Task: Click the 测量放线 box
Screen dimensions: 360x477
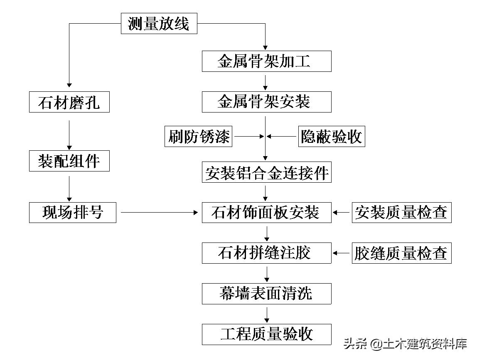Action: click(x=159, y=24)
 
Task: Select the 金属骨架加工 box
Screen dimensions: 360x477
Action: click(x=266, y=61)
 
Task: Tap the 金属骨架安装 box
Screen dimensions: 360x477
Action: click(x=266, y=102)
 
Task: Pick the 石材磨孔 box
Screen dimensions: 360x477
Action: click(x=69, y=102)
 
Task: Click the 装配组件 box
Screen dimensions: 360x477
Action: click(x=69, y=161)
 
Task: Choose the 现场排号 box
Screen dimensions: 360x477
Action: click(x=73, y=212)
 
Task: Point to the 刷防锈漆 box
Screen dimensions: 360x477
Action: click(x=199, y=136)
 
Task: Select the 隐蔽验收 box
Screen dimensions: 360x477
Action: click(x=331, y=136)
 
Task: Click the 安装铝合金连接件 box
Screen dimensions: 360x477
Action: click(x=266, y=173)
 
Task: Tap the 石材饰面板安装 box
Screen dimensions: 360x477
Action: click(x=266, y=212)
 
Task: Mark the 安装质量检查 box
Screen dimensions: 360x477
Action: click(x=401, y=212)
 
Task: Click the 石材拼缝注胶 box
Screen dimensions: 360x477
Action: click(x=266, y=253)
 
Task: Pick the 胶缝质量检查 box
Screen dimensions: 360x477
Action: click(x=401, y=253)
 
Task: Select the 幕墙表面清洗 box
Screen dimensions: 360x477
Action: click(x=266, y=294)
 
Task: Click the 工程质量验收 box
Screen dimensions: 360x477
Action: click(x=266, y=334)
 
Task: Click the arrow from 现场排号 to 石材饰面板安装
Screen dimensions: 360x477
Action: click(x=159, y=212)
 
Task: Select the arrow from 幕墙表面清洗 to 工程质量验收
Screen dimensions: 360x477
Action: click(x=266, y=314)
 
